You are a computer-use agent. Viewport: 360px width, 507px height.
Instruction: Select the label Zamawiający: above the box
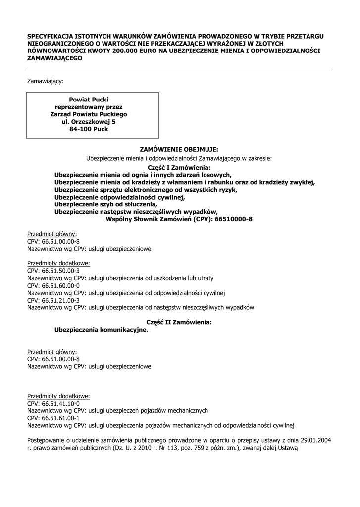pyautogui.click(x=45, y=80)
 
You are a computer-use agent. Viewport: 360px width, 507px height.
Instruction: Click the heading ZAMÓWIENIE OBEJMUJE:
pyautogui.click(x=179, y=149)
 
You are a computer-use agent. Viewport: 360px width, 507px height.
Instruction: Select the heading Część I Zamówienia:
pyautogui.click(x=179, y=168)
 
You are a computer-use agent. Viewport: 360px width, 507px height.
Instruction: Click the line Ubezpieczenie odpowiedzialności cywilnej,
pyautogui.click(x=119, y=197)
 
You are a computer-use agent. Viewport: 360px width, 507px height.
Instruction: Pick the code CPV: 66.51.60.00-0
pyautogui.click(x=53, y=286)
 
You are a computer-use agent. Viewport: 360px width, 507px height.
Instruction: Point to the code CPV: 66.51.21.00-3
pyautogui.click(x=53, y=300)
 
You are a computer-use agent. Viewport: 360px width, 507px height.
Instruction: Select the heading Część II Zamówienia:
pyautogui.click(x=179, y=322)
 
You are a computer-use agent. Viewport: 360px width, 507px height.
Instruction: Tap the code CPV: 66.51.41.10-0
pyautogui.click(x=53, y=404)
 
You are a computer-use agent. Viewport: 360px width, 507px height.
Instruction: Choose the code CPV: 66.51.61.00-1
pyautogui.click(x=53, y=418)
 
